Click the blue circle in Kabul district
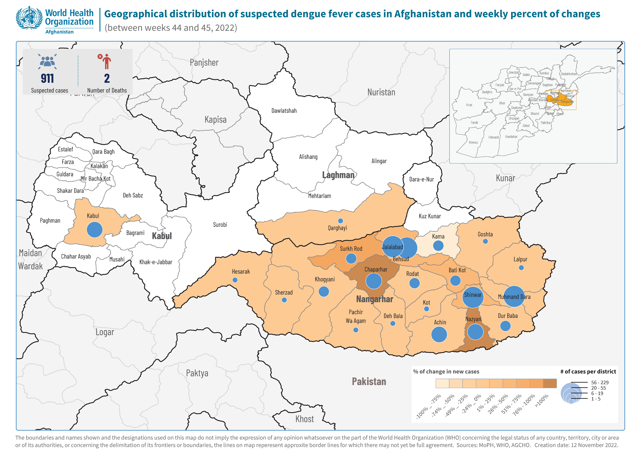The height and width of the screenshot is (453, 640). point(95,230)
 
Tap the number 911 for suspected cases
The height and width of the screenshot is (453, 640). point(47,79)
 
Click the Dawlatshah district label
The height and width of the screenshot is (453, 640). point(284,111)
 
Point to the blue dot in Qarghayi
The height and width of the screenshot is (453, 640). point(340,221)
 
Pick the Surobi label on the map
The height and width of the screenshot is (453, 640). point(220,225)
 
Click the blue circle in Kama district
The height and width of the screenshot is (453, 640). point(438,245)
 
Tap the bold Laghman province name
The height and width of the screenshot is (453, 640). point(338,175)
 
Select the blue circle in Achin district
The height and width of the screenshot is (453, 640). point(439,334)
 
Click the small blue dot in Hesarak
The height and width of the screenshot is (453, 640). point(235,280)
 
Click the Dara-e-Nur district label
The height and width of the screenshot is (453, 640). point(421,179)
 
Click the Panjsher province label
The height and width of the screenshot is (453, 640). point(204,63)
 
